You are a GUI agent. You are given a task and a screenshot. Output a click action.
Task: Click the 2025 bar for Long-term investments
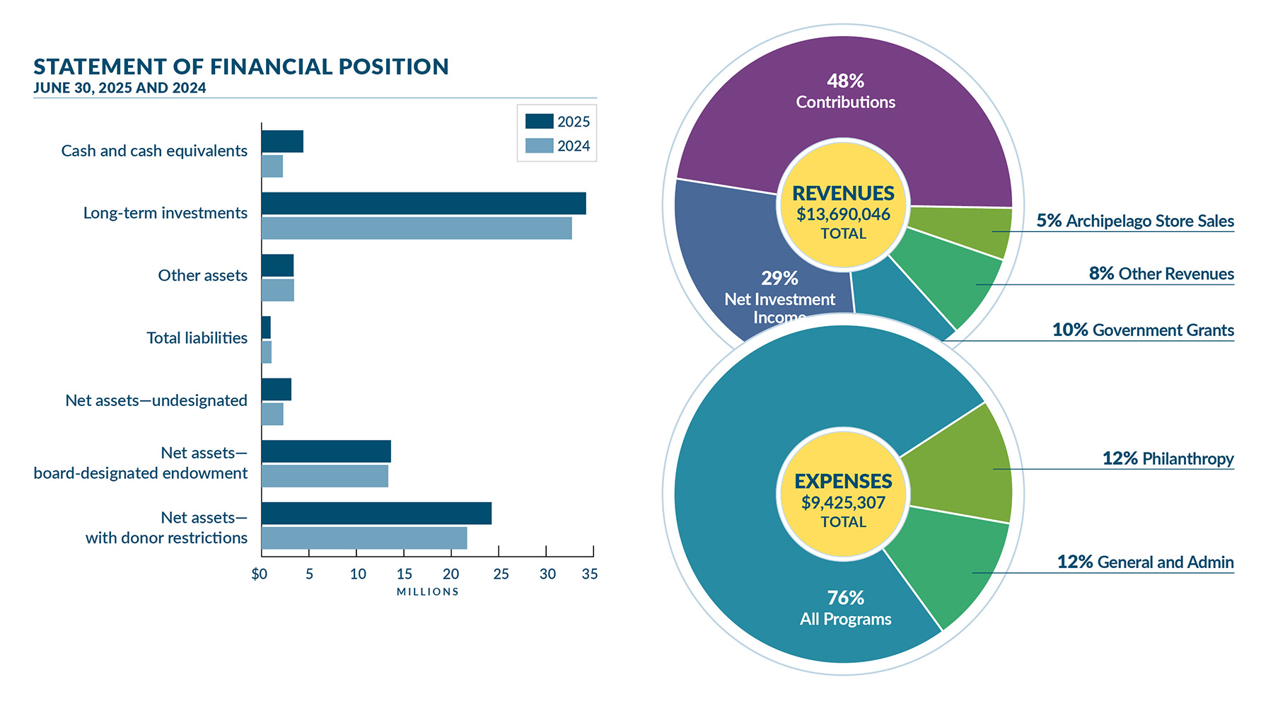click(x=423, y=204)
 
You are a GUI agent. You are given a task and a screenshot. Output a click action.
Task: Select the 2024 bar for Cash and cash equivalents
click(x=272, y=166)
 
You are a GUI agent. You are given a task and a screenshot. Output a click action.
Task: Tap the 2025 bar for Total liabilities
click(x=266, y=328)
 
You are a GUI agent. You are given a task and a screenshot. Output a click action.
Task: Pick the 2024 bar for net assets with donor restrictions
click(x=364, y=538)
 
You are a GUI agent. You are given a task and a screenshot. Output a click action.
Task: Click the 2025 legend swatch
click(x=539, y=122)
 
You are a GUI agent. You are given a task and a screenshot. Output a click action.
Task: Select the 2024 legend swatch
click(x=539, y=146)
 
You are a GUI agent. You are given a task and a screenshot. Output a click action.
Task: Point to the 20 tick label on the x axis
click(x=451, y=574)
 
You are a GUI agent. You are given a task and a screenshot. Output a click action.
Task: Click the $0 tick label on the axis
click(x=260, y=574)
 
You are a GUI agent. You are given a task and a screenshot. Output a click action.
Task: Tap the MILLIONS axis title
click(x=427, y=592)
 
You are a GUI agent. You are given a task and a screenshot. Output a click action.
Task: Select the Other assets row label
click(x=202, y=276)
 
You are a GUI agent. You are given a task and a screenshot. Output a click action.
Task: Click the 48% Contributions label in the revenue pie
click(x=845, y=92)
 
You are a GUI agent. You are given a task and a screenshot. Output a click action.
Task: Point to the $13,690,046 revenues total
click(x=843, y=214)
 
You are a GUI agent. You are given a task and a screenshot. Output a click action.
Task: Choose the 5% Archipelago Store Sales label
click(x=1134, y=221)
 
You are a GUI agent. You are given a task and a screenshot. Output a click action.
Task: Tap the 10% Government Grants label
click(x=1142, y=330)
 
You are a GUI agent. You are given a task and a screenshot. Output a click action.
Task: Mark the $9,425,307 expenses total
click(x=843, y=503)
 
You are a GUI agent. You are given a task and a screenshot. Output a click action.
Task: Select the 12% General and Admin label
click(x=1144, y=562)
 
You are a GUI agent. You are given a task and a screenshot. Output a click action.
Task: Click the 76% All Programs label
click(x=845, y=608)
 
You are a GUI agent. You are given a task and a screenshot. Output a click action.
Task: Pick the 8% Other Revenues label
click(x=1161, y=274)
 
